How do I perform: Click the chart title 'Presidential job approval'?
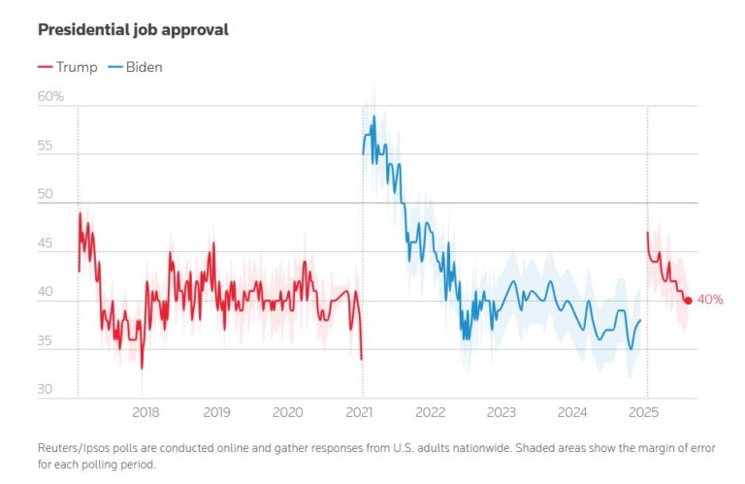tap(133, 30)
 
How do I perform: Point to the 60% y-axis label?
tap(50, 96)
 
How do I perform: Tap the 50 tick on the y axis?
tap(47, 195)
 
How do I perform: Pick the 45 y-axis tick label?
tap(47, 244)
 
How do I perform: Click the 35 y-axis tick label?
tap(47, 341)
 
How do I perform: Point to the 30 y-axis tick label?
tap(47, 390)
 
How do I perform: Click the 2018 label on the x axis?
tap(146, 412)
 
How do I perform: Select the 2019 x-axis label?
tap(217, 412)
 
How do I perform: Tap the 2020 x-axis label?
tap(288, 412)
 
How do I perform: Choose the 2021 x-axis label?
tap(361, 412)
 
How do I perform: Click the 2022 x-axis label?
tap(431, 412)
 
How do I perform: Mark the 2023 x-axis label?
tap(502, 412)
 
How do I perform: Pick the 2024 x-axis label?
tap(574, 412)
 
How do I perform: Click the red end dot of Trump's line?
tap(688, 301)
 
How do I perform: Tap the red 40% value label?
tap(710, 300)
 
